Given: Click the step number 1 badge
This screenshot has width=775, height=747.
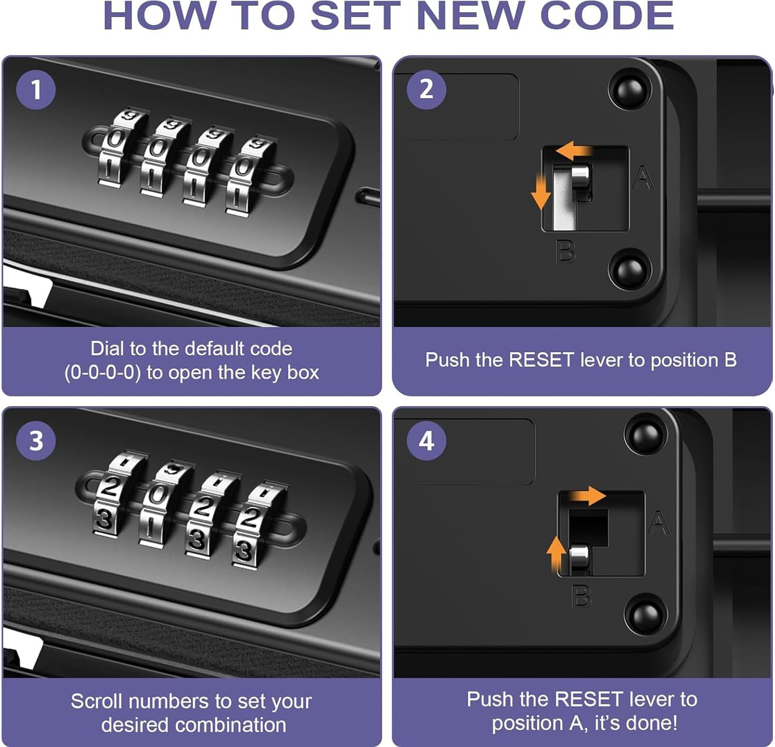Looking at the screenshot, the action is tap(36, 89).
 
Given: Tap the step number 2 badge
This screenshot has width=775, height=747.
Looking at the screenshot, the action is tap(426, 89).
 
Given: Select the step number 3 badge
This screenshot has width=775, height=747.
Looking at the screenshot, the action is tap(36, 441).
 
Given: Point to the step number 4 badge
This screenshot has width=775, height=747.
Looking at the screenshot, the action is tap(426, 441).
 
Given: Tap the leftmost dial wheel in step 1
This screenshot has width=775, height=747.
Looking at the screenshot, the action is tap(118, 147).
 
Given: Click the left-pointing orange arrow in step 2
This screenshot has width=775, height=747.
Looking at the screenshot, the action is tap(573, 150).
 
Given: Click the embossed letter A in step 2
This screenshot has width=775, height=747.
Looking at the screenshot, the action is tap(642, 178).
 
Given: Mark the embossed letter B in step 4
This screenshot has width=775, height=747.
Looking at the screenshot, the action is tap(581, 596).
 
